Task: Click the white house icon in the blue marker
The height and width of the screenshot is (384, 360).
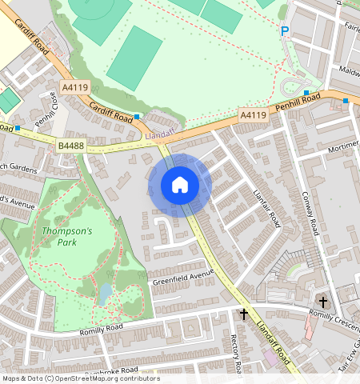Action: tap(180, 185)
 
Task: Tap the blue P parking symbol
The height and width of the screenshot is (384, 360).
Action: tap(284, 32)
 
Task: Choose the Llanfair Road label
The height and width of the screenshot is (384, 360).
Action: tap(268, 206)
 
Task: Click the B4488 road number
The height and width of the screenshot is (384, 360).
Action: tap(70, 146)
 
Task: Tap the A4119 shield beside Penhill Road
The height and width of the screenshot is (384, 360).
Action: tap(253, 116)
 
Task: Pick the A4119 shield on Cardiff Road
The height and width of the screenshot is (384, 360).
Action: tap(74, 86)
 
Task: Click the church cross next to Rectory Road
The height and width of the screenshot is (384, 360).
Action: tap(244, 314)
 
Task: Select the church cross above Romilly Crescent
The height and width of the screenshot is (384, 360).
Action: tap(322, 302)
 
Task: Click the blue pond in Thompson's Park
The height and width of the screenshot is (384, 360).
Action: tap(105, 294)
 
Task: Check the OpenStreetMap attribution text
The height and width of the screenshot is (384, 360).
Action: tap(70, 378)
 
